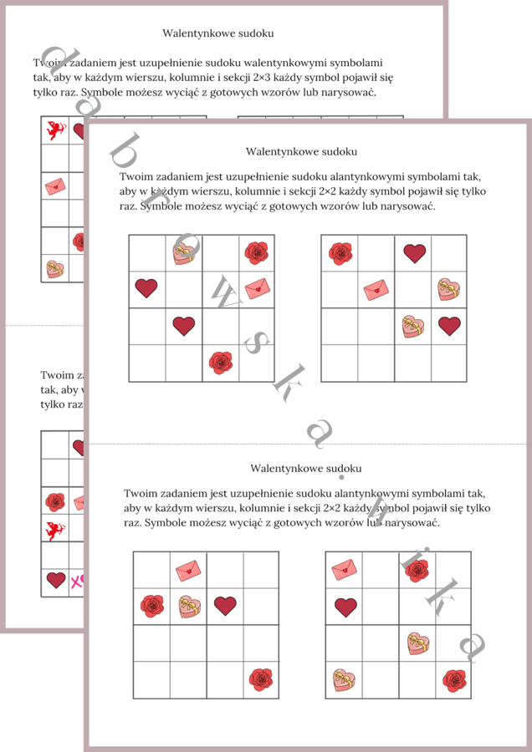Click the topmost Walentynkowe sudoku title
(218, 33)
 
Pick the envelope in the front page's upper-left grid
(257, 288)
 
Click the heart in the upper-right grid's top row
(413, 252)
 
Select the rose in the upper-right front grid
(340, 252)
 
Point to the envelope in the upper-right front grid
(376, 289)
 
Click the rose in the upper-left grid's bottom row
(220, 362)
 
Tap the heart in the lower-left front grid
(224, 605)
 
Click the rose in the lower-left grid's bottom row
(260, 678)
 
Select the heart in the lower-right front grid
(345, 607)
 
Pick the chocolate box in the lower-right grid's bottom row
(344, 678)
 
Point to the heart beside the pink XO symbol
(56, 580)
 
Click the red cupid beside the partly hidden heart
(56, 130)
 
